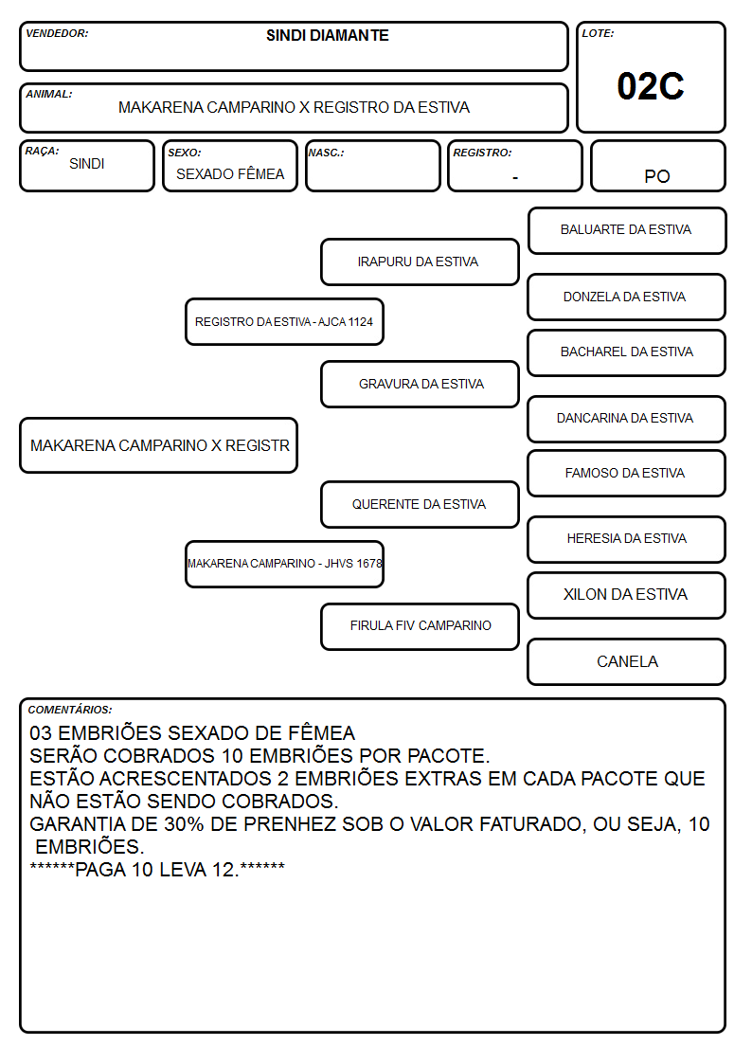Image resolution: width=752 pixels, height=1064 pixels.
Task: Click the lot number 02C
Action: click(651, 86)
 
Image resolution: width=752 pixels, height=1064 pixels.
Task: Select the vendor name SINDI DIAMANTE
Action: click(328, 35)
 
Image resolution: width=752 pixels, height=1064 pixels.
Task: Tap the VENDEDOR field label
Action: click(57, 33)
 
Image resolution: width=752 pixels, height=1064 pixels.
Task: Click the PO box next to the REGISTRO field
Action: click(657, 166)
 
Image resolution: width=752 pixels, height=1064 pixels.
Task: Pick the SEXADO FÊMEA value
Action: click(230, 174)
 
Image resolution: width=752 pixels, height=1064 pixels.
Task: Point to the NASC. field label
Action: click(326, 153)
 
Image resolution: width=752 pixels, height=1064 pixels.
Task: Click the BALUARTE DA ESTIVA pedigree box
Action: click(627, 231)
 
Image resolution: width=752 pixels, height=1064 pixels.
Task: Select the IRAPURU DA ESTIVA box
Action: click(420, 261)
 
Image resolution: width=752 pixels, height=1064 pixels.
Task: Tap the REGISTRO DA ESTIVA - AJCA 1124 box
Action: click(284, 321)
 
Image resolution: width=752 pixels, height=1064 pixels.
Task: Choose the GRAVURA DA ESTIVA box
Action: click(420, 384)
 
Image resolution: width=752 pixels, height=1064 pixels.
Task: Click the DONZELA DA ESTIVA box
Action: click(627, 298)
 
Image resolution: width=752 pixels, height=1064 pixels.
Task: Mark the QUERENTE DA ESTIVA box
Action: click(420, 505)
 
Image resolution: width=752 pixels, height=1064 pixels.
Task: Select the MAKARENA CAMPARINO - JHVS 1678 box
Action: click(284, 564)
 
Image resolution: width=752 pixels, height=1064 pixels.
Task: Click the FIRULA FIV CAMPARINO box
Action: click(420, 626)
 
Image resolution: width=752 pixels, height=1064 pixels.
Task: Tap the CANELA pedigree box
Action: click(627, 661)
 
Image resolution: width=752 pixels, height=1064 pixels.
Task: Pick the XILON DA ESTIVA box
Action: click(627, 595)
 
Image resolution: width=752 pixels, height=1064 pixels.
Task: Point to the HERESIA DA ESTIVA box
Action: click(627, 539)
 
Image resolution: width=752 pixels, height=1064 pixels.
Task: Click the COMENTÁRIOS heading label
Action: click(70, 710)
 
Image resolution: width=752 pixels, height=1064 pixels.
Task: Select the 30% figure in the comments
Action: click(184, 823)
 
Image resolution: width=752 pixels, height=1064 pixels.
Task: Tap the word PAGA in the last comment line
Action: click(100, 869)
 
